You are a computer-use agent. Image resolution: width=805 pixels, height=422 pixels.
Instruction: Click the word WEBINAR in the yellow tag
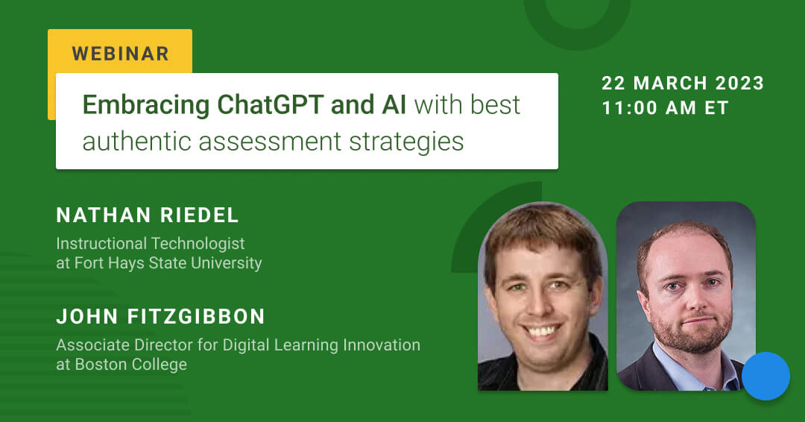[x=121, y=54]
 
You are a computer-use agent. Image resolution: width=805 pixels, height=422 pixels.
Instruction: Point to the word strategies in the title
[x=407, y=142]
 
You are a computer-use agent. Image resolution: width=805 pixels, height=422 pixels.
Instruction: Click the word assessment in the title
[x=270, y=142]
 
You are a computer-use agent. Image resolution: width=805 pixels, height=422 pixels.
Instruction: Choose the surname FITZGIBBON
[x=196, y=317]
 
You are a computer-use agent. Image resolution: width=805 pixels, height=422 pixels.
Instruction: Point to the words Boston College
[x=131, y=364]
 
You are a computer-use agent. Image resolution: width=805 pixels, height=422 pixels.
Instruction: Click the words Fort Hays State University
[x=168, y=263]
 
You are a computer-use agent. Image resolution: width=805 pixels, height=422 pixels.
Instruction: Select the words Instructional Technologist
[x=151, y=243]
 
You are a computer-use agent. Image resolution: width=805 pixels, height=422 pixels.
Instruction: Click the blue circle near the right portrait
[x=765, y=376]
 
